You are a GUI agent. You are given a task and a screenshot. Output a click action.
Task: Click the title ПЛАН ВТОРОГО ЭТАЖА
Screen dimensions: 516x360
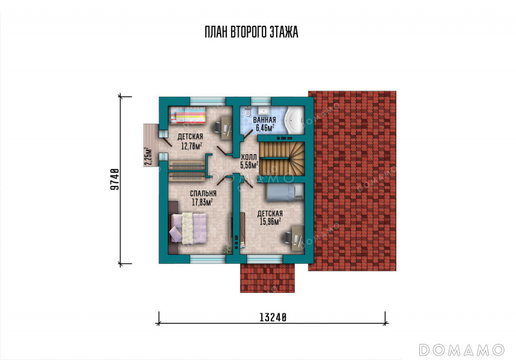point(252,32)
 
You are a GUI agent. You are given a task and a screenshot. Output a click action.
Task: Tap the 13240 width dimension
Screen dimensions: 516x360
point(273,317)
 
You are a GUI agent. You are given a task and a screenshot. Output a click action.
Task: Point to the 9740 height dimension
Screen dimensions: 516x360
point(114,179)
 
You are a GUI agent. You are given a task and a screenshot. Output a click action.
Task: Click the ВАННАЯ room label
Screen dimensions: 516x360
point(264,120)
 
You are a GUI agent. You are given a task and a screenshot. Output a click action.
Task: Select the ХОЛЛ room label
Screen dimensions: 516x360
point(249,157)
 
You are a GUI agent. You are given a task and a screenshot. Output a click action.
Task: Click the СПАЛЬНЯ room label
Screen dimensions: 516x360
point(203,194)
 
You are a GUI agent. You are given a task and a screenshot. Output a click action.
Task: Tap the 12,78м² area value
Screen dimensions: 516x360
point(192,145)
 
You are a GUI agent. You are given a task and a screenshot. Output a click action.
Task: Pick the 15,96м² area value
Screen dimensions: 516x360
point(270,221)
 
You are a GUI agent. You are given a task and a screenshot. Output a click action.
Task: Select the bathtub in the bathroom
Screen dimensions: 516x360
point(294,121)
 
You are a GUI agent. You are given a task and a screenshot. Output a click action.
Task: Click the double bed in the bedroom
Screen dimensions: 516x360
point(188,228)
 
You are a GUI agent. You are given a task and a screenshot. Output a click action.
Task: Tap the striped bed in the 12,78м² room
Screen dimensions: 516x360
point(188,115)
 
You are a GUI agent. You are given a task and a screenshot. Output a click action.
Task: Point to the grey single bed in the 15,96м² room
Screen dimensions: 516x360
point(284,192)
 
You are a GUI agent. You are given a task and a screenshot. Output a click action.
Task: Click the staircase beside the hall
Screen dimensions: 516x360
point(282,159)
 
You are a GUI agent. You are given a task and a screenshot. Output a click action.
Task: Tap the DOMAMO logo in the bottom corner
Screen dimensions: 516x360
point(461,350)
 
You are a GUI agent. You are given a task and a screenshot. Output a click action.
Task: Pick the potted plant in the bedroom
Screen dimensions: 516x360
point(228,250)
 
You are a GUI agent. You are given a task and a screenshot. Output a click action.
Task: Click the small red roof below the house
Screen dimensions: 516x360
point(267,278)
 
